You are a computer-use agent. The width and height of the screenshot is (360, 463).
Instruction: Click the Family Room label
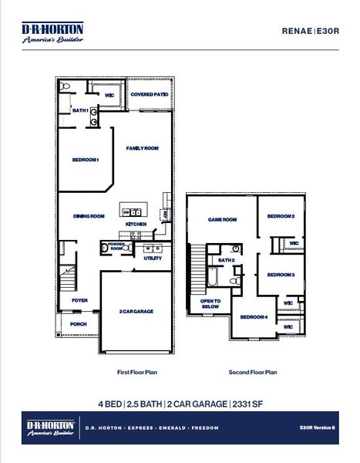[143, 147]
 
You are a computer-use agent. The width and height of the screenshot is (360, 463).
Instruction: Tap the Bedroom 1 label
[86, 160]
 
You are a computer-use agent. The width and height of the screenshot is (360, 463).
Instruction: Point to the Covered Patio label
[150, 94]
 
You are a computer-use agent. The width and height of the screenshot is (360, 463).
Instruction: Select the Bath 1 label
[80, 110]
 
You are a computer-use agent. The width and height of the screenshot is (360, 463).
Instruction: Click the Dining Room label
[89, 216]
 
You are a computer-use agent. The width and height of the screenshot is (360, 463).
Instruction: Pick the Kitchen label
[136, 224]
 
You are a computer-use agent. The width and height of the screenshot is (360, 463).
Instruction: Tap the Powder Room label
[116, 247]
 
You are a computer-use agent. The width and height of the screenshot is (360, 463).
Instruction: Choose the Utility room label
[152, 259]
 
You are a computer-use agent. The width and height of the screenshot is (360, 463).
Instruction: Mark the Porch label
[79, 324]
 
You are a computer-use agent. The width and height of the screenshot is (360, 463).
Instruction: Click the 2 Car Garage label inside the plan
[136, 311]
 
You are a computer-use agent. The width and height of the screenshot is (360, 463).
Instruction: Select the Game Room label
[222, 219]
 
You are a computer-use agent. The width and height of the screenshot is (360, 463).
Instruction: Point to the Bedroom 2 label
[281, 217]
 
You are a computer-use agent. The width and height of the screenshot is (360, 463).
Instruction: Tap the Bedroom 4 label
[254, 317]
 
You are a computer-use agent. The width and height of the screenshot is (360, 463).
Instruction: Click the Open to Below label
[210, 303]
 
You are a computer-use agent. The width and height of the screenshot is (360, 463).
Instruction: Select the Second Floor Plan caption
[252, 372]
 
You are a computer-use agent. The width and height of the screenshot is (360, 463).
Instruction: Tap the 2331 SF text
[247, 404]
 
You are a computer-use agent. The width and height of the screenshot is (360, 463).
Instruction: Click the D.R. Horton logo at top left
[52, 33]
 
